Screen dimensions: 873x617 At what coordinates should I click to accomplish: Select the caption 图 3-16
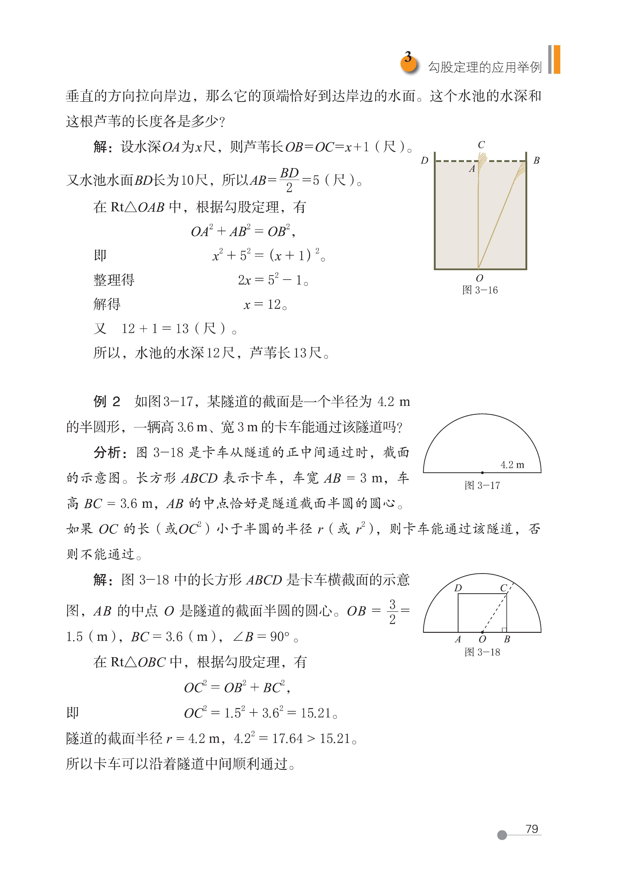point(480,291)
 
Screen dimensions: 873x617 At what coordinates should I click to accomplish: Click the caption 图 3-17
point(482,486)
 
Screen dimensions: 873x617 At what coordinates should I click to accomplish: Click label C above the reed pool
point(481,145)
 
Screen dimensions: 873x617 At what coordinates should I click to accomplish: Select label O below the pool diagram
point(479,278)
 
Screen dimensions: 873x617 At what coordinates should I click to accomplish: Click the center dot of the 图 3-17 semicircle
point(482,473)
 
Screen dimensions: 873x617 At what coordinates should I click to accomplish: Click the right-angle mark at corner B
point(504,630)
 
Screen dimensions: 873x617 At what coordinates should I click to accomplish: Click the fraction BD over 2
point(289,180)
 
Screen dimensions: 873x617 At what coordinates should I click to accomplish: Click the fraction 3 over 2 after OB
point(392,612)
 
